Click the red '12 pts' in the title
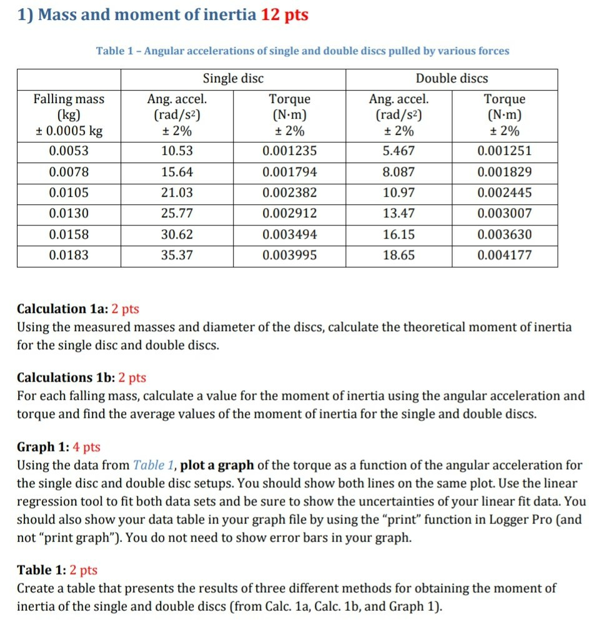[284, 15]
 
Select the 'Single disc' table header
[233, 79]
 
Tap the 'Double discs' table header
[452, 79]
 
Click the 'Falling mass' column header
[69, 99]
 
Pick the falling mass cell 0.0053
[69, 152]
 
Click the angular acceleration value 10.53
[177, 152]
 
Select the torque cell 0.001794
[289, 172]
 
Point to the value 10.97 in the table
[398, 193]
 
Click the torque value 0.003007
[504, 214]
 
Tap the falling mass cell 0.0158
[69, 235]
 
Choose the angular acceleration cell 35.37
[177, 255]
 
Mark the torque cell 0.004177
[504, 255]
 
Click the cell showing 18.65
[398, 255]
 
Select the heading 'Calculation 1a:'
[62, 309]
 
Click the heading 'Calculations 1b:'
[66, 378]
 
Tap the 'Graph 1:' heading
[43, 447]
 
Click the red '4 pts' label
[86, 447]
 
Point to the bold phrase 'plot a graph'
[217, 465]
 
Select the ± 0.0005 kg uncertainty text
[69, 131]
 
